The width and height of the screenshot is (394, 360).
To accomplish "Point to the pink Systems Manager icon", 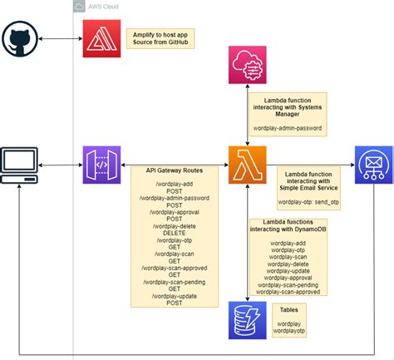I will click(x=247, y=67).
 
